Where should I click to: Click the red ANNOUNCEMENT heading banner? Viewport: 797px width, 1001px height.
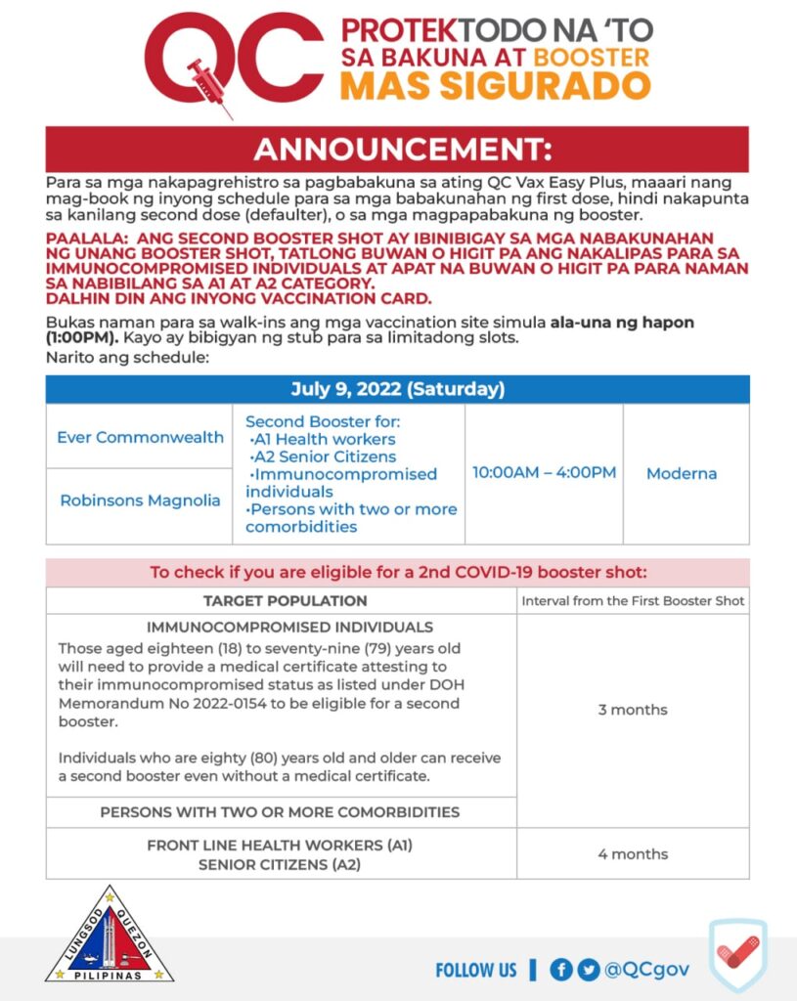click(x=397, y=150)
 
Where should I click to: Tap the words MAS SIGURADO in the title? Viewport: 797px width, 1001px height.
click(x=494, y=86)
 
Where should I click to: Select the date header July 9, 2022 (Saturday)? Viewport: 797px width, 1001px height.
click(x=397, y=389)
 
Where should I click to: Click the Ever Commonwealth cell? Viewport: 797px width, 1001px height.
click(x=140, y=437)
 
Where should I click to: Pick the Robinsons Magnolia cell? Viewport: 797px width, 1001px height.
click(x=140, y=500)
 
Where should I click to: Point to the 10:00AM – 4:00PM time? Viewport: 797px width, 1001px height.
click(x=544, y=473)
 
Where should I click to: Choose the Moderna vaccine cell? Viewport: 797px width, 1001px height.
click(x=682, y=473)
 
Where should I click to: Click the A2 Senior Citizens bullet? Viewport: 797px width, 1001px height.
click(x=323, y=457)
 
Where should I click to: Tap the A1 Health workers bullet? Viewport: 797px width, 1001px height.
click(x=323, y=439)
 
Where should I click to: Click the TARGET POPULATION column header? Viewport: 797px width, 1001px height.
click(x=285, y=600)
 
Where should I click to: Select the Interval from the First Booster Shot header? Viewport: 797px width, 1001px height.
click(x=633, y=600)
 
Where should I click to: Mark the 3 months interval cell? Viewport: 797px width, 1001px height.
click(x=633, y=710)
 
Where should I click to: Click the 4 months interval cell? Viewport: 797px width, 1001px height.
click(x=633, y=853)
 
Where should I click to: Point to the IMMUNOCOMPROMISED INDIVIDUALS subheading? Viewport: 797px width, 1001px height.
click(x=289, y=627)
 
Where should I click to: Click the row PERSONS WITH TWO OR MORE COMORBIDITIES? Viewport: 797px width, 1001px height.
click(x=280, y=811)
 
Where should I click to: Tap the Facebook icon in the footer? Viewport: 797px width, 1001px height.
click(x=561, y=970)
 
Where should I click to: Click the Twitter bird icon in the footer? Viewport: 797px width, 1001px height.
click(x=588, y=970)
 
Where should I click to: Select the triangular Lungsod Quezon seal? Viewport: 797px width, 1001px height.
click(x=110, y=936)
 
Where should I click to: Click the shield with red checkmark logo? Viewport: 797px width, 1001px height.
click(x=737, y=953)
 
